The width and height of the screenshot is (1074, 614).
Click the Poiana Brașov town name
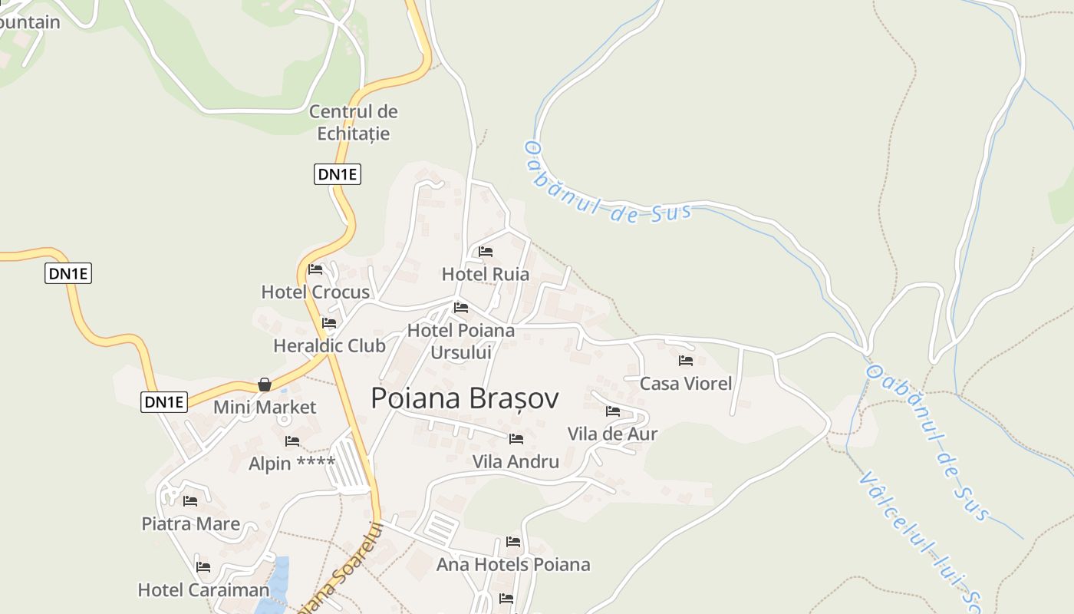point(464,398)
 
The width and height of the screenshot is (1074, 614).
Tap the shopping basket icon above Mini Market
point(265,384)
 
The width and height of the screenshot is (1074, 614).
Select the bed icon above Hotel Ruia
point(486,252)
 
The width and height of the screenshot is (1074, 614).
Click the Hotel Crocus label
point(315,292)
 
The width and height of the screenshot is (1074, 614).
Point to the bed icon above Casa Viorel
point(686,360)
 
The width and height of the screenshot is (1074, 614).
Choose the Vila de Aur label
point(612,434)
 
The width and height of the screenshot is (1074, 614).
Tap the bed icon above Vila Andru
point(516,439)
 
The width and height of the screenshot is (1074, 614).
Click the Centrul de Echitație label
point(354,123)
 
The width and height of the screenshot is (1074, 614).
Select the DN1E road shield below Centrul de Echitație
point(338,174)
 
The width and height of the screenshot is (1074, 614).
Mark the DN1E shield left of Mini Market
point(164,401)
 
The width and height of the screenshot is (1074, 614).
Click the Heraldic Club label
point(329,345)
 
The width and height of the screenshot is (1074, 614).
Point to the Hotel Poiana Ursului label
point(461,342)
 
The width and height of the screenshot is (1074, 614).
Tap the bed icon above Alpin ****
point(292,441)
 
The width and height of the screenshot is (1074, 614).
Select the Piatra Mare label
point(190,524)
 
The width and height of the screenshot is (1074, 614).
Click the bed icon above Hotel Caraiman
point(203,567)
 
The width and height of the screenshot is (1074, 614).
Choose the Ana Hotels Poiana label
point(513,565)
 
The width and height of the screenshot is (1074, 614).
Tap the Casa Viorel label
point(686,383)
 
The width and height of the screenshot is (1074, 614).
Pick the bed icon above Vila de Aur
point(613,411)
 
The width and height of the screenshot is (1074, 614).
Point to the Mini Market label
point(265,407)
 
